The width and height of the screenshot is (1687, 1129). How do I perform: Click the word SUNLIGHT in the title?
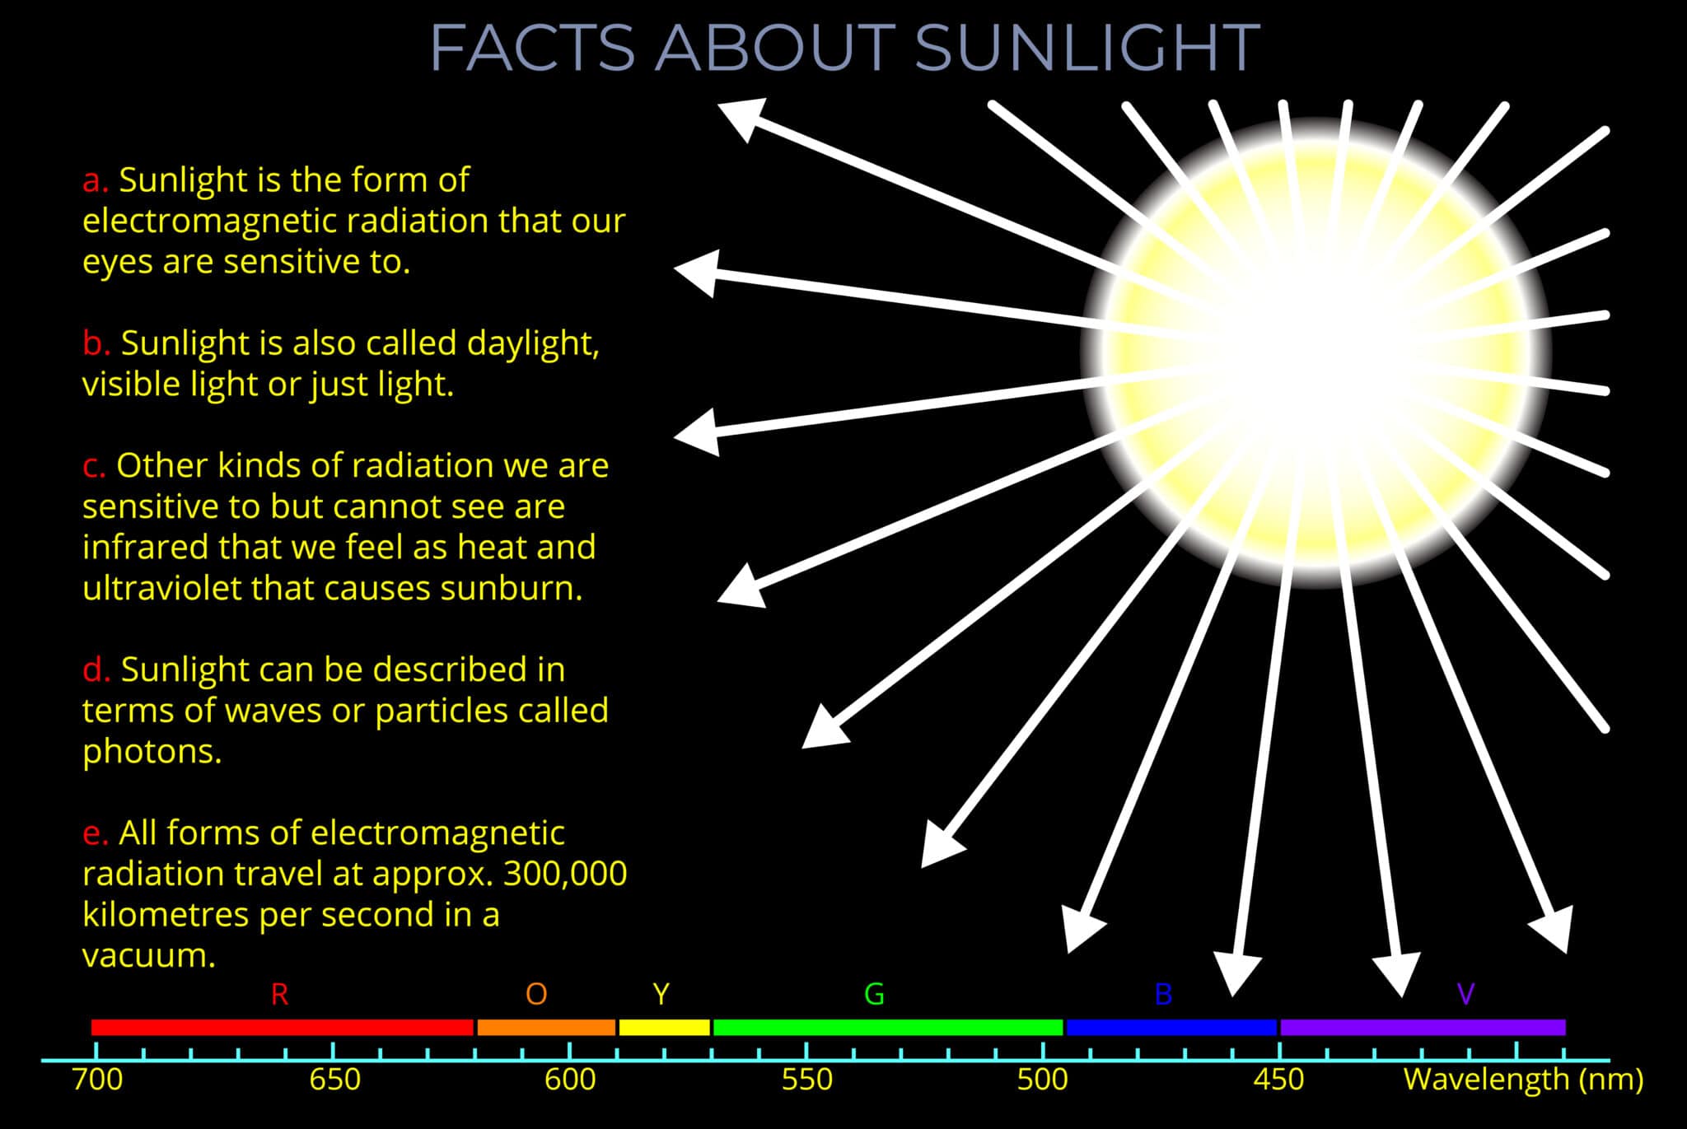click(1087, 48)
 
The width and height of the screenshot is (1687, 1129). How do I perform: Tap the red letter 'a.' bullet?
click(95, 180)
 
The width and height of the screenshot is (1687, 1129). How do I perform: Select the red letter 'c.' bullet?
click(94, 466)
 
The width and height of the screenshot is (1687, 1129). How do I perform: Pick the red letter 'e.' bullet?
click(95, 833)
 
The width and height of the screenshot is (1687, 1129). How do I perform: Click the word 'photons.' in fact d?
click(152, 751)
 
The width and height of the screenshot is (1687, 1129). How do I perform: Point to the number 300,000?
click(565, 874)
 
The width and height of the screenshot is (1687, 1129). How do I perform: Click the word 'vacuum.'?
click(149, 955)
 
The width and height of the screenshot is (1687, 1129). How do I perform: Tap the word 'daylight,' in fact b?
click(532, 343)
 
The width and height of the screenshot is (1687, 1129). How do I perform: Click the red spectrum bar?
click(282, 1027)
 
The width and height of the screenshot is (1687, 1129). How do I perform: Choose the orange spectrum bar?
click(546, 1027)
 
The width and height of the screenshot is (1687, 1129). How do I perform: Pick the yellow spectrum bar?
click(664, 1027)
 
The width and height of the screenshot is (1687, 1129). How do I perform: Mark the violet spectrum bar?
click(1423, 1027)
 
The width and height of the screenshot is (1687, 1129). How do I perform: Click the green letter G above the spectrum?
click(874, 994)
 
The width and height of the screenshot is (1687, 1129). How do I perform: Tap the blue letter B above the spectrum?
click(1163, 995)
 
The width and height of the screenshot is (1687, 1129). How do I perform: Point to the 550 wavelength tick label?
click(806, 1080)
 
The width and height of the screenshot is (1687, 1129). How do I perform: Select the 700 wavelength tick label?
click(97, 1080)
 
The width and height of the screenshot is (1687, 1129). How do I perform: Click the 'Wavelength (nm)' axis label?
click(1523, 1079)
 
